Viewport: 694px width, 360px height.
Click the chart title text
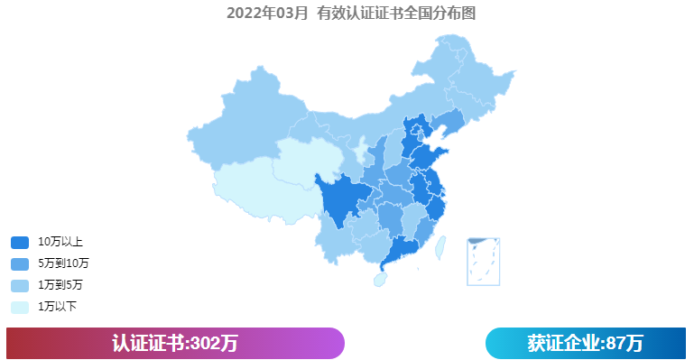click(x=351, y=13)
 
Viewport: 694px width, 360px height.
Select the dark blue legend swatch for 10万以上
click(x=20, y=242)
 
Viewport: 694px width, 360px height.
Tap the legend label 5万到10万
click(x=63, y=263)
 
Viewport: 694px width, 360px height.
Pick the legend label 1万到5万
click(x=60, y=285)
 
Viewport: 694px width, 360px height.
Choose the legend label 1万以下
click(x=57, y=307)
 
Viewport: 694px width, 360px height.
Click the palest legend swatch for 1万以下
click(x=20, y=307)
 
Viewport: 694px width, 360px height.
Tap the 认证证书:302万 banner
click(x=175, y=343)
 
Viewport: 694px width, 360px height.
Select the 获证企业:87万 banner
click(x=585, y=343)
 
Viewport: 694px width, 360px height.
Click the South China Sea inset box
click(x=484, y=261)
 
